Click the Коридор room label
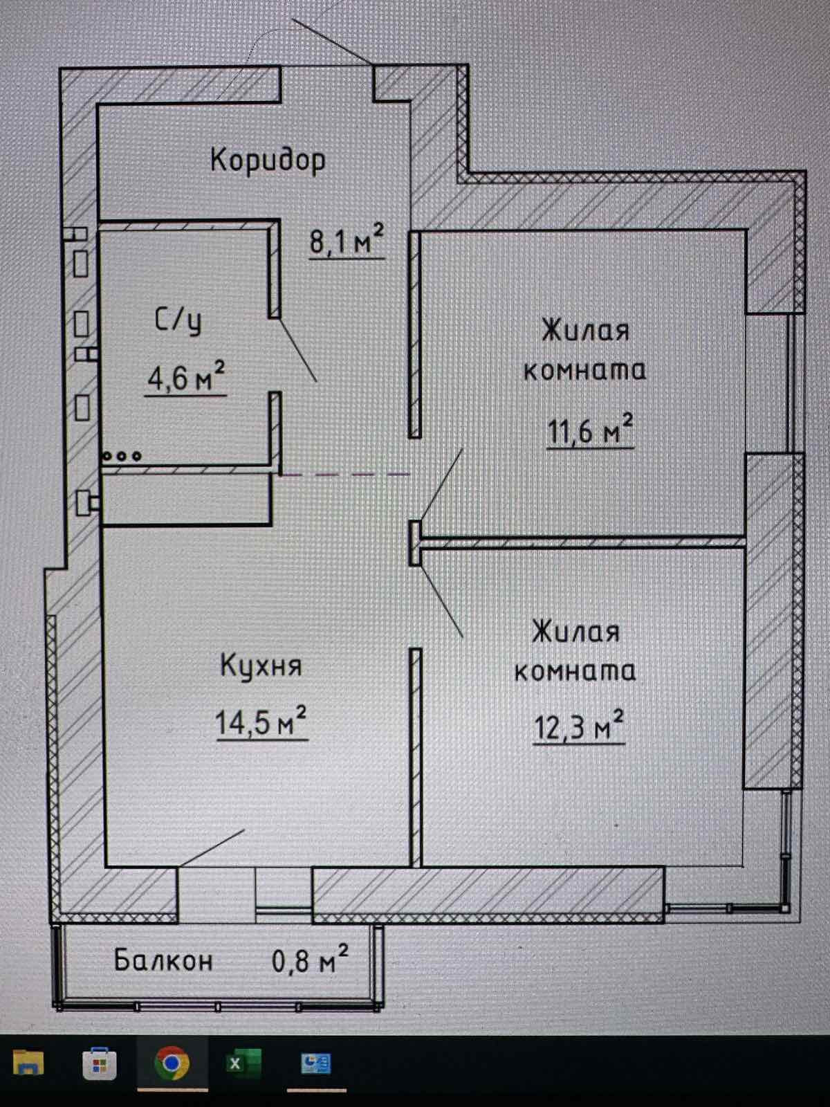point(268,160)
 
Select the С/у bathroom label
point(178,320)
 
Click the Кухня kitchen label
point(261,666)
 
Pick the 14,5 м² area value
point(261,722)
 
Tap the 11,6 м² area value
point(590,430)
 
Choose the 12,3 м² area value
point(578,726)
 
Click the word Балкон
point(163,960)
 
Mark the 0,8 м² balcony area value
point(310,960)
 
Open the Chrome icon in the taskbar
point(172,1063)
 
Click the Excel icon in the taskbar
point(244,1063)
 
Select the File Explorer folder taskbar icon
point(28,1063)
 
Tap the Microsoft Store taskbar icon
point(99,1063)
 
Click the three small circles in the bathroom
point(122,456)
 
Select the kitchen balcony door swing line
point(212,848)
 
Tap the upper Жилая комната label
point(585,350)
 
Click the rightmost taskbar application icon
point(316,1063)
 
